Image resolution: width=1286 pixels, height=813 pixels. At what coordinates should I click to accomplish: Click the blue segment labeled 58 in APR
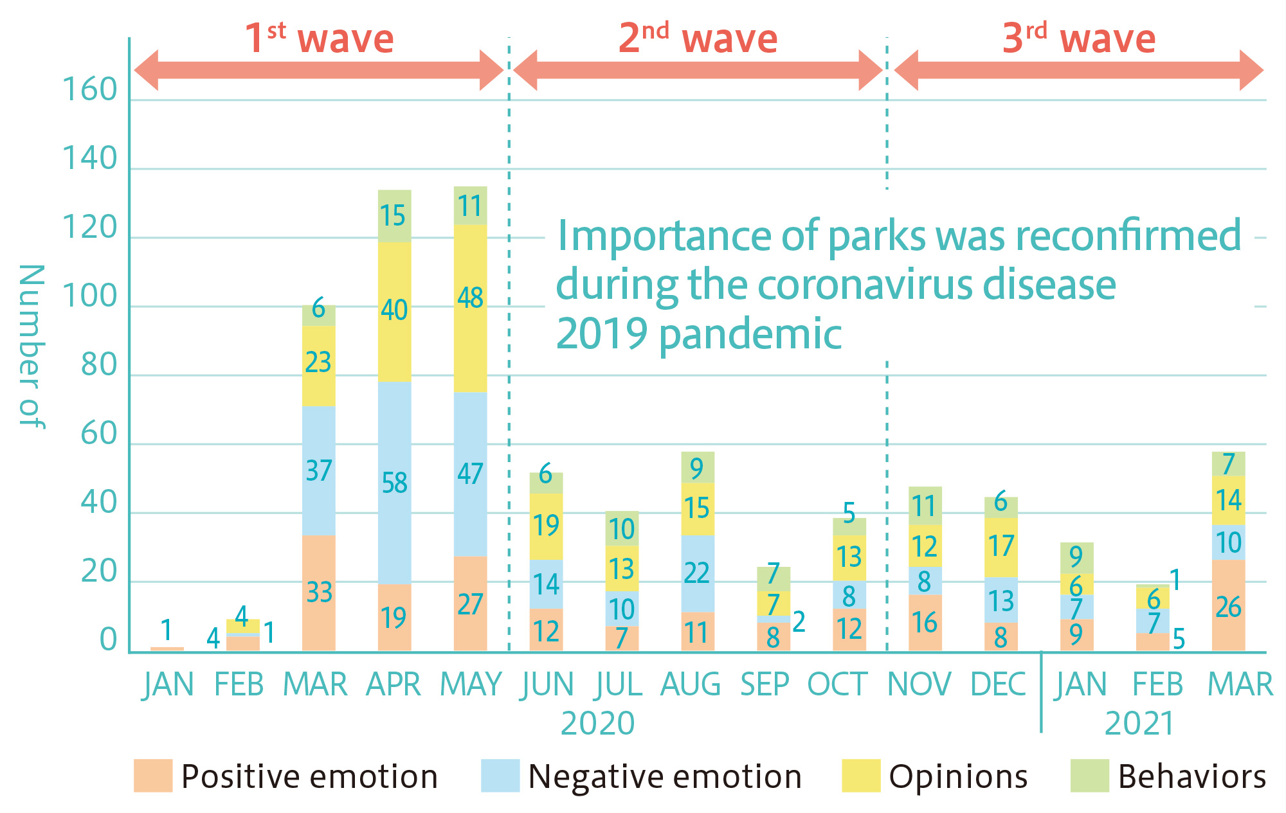pyautogui.click(x=394, y=483)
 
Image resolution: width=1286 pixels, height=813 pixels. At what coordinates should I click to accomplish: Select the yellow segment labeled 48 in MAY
pyautogui.click(x=470, y=308)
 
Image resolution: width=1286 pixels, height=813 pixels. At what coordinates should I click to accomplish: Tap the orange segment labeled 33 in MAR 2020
pyautogui.click(x=318, y=593)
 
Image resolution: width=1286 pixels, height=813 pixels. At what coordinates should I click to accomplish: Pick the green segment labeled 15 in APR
pyautogui.click(x=394, y=216)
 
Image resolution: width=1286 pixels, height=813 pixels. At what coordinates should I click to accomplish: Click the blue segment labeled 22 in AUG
pyautogui.click(x=698, y=573)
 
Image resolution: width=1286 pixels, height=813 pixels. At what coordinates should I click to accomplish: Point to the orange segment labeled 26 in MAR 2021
pyautogui.click(x=1228, y=605)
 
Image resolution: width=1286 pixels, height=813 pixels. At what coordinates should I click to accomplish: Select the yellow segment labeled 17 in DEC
pyautogui.click(x=1001, y=547)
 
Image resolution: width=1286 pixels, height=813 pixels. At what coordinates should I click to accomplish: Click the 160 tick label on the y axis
pyautogui.click(x=90, y=90)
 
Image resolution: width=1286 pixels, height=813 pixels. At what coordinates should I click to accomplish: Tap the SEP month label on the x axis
pyautogui.click(x=765, y=684)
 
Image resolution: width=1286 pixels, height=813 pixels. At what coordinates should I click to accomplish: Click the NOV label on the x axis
pyautogui.click(x=919, y=684)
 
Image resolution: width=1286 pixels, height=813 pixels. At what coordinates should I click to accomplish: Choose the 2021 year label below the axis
pyautogui.click(x=1139, y=724)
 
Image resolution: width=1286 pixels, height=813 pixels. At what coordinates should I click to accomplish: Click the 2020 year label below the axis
pyautogui.click(x=597, y=724)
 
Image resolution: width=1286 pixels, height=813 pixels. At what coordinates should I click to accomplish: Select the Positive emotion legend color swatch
pyautogui.click(x=153, y=776)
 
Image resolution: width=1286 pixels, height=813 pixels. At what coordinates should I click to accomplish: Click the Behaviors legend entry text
pyautogui.click(x=1191, y=776)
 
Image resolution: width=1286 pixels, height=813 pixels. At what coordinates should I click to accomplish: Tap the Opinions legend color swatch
pyautogui.click(x=861, y=776)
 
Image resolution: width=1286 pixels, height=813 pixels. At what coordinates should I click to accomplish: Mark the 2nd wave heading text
pyautogui.click(x=698, y=39)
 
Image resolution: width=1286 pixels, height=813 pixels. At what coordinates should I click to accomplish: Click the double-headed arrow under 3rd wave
pyautogui.click(x=1078, y=70)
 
